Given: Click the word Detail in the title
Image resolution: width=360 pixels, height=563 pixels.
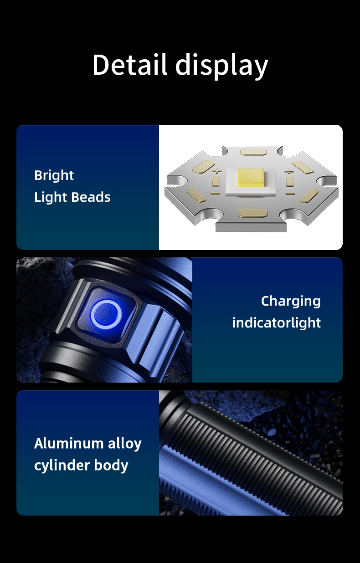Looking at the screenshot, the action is (x=129, y=64).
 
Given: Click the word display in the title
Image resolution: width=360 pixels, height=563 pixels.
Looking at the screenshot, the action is (x=222, y=66).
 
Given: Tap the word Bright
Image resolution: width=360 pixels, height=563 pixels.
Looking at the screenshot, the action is (x=54, y=176).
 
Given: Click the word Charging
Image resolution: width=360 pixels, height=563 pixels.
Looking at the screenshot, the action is (x=291, y=302).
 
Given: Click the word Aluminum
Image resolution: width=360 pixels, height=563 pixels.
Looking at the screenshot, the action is (x=69, y=443).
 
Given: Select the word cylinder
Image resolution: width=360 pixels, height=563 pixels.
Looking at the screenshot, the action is (x=62, y=466).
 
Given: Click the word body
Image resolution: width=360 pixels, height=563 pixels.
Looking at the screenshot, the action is (x=111, y=466).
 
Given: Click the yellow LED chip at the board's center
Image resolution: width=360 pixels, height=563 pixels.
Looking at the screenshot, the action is (x=251, y=178).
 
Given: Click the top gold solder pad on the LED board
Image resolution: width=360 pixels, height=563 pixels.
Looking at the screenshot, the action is (x=253, y=152).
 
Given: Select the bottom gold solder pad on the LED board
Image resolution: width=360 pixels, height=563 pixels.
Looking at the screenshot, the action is (x=252, y=213).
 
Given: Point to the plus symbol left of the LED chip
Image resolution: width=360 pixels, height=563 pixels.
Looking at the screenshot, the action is (x=217, y=171).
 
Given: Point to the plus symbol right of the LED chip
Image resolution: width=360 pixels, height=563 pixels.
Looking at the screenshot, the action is (x=289, y=171).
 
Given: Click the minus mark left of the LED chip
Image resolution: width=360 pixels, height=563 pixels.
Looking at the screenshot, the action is (x=215, y=193).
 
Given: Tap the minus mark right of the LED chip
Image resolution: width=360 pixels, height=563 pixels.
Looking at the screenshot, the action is (x=290, y=194).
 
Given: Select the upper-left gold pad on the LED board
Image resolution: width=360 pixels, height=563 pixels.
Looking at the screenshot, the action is (x=204, y=167).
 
